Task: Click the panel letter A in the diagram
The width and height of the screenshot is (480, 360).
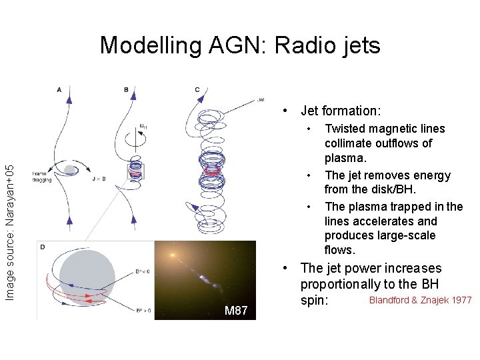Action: [x=60, y=89]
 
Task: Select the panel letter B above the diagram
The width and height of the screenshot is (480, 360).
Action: [x=126, y=89]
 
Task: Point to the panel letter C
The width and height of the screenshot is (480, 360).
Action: [x=197, y=89]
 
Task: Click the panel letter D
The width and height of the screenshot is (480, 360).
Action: [x=43, y=247]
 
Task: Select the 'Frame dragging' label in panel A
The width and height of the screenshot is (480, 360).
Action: [x=39, y=176]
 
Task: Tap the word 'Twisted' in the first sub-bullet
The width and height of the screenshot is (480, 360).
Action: [x=346, y=129]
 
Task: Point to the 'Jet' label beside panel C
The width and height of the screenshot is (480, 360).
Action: [x=260, y=100]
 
